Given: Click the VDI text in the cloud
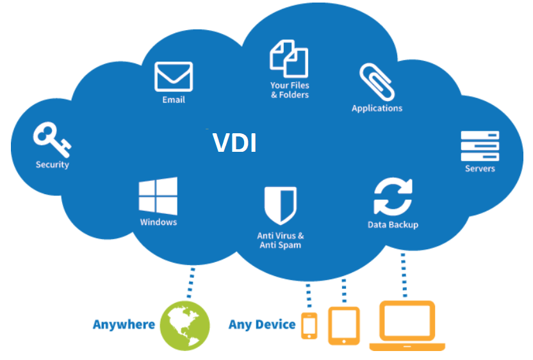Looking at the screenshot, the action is point(234,142).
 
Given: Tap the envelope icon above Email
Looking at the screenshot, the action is point(174,77).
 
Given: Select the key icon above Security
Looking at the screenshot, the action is point(52,140).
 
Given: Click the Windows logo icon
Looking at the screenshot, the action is point(158,196).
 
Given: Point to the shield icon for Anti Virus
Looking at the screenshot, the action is point(281,206).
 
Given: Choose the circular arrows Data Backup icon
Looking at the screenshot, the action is point(393,197).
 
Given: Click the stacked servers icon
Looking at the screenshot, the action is point(480,146).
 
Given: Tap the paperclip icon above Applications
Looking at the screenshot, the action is point(377,82).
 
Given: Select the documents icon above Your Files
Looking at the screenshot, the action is point(290,59).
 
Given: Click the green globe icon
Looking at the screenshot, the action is point(185,326).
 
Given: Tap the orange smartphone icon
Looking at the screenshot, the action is point(309,325).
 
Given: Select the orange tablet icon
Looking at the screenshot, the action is point(344,325).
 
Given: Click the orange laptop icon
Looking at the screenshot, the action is point(407,325).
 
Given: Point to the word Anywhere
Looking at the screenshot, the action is point(124,325).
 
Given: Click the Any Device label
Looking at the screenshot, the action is point(262,325).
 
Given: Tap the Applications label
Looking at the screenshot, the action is point(377,108).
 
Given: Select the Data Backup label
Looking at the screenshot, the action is point(393,225).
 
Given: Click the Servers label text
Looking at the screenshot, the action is point(480,168).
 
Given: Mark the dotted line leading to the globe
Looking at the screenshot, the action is point(191,283).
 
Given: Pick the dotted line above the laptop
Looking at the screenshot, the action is point(404,275).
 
